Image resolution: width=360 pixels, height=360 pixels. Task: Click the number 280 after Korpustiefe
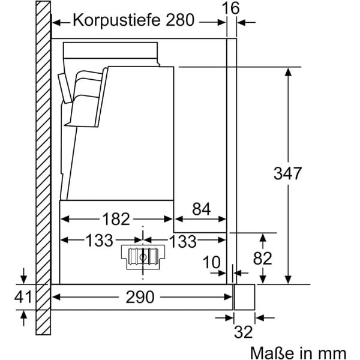(x=178, y=20)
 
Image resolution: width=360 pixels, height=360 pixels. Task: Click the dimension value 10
(x=211, y=263)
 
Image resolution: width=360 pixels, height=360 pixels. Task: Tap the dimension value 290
(x=141, y=296)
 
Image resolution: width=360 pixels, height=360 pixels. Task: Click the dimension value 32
(x=243, y=331)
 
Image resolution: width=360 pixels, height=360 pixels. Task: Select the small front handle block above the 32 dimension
(x=244, y=296)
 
